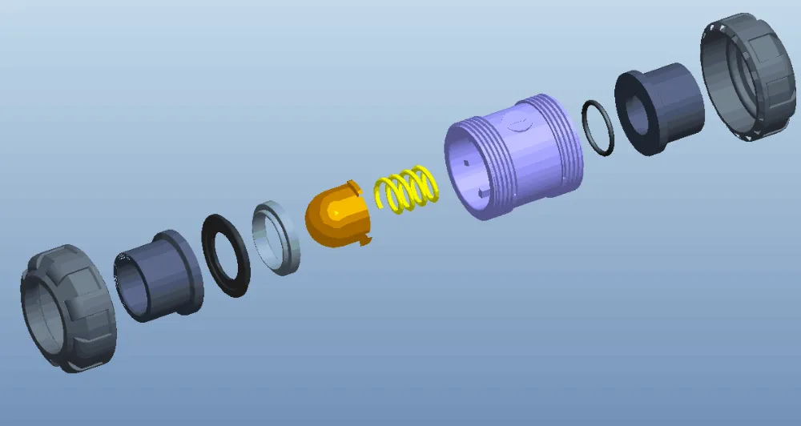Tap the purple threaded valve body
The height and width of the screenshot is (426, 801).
point(513,160)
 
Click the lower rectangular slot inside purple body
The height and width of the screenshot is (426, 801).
point(481,192)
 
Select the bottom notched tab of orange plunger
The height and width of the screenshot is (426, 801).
point(366,238)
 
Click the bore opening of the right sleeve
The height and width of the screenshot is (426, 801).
point(638,116)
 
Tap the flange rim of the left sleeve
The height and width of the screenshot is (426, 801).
point(189,272)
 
